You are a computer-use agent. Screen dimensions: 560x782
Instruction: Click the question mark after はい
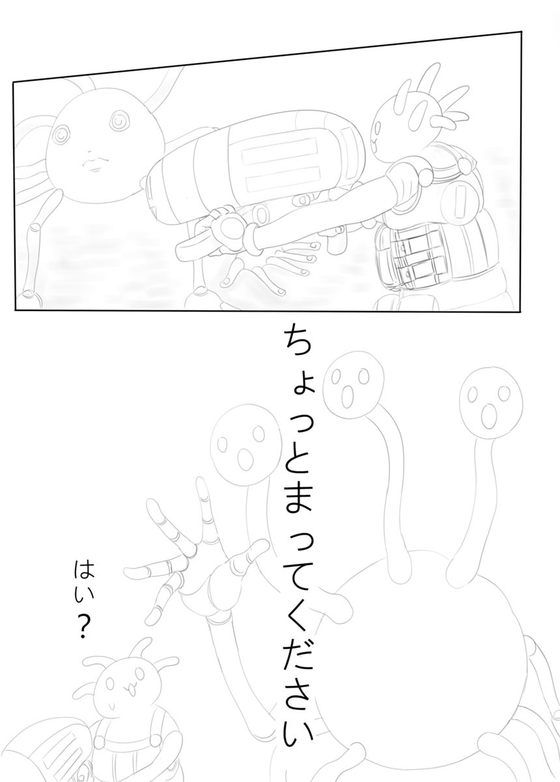point(83,628)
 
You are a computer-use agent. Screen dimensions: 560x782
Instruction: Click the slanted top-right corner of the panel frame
point(522,31)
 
